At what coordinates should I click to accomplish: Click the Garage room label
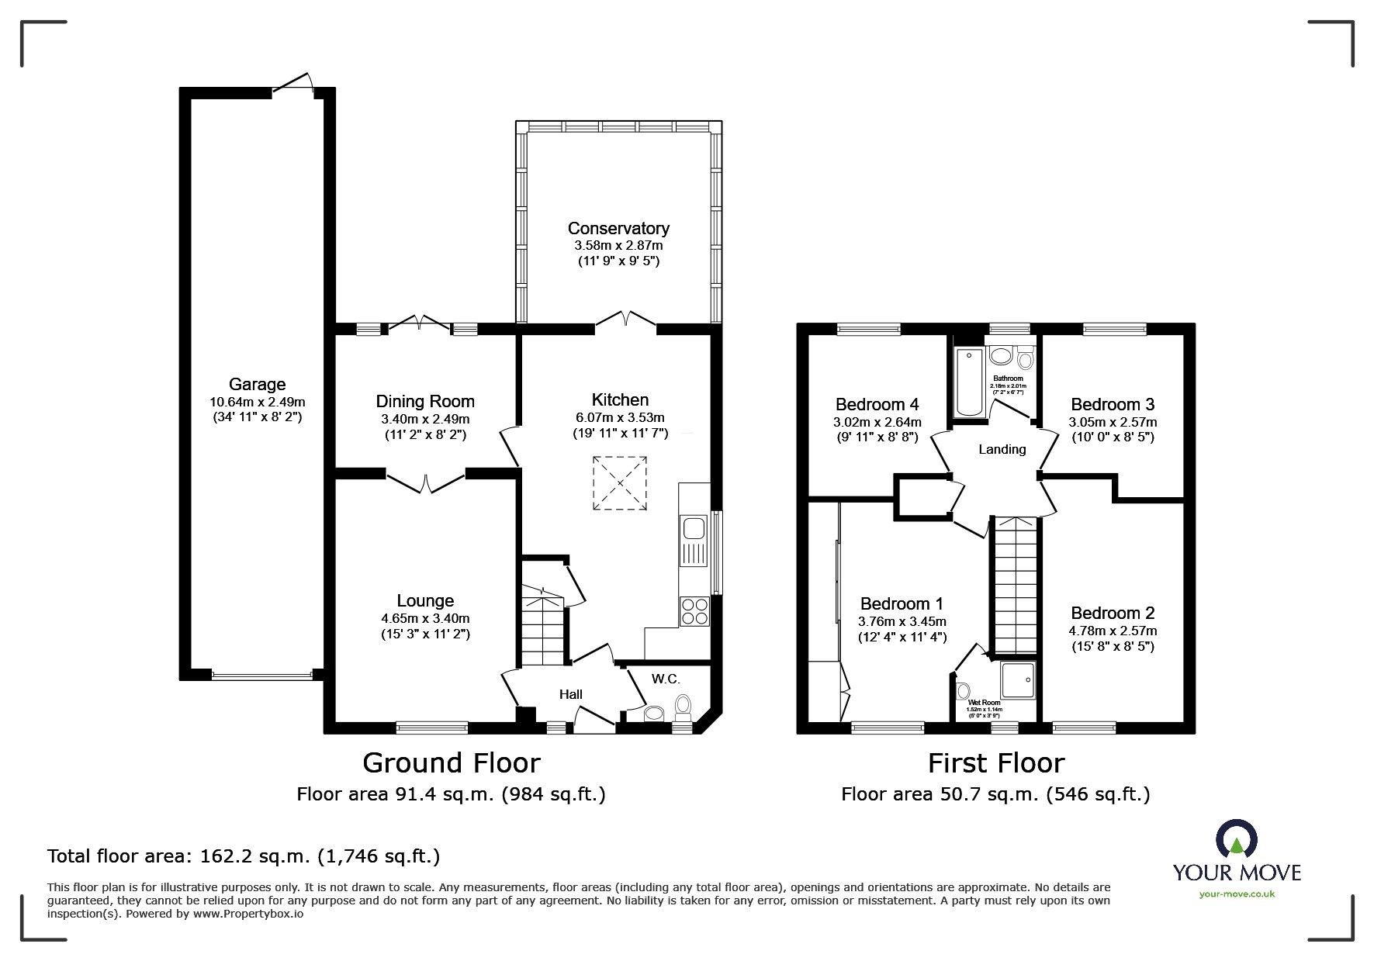coord(257,384)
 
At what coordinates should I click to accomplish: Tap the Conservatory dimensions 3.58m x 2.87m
coord(618,245)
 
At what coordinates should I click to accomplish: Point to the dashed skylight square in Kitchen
coord(620,484)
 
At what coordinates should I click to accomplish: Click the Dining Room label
coord(425,401)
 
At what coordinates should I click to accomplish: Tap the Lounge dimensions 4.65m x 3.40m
coord(425,618)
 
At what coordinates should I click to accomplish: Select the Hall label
coord(571,694)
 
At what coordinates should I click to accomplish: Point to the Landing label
coord(1002,449)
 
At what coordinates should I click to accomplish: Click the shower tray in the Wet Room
coord(1018,680)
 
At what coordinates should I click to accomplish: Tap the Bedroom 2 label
coord(1112,613)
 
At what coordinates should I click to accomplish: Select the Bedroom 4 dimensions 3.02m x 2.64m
coord(877,422)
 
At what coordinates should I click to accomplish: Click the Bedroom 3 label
coord(1112,404)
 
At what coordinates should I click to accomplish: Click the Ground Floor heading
coord(451,763)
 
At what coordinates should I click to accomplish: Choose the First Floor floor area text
coord(995,794)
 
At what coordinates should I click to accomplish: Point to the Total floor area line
coord(244,856)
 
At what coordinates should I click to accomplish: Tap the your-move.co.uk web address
coord(1237,894)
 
